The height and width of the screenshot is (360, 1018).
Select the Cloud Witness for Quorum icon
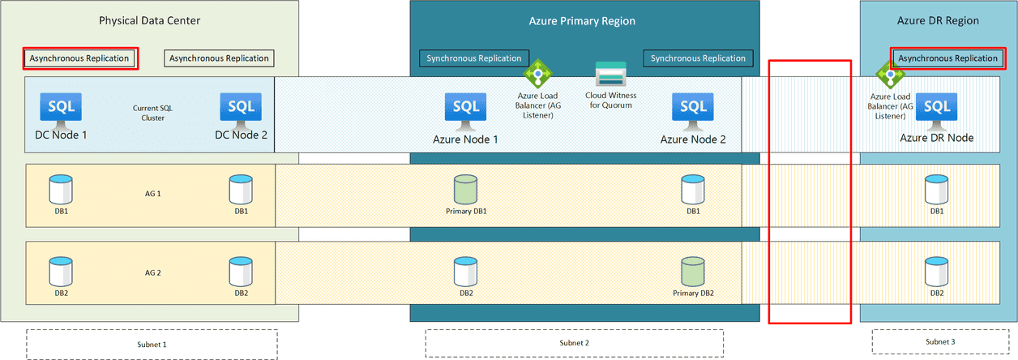(610, 75)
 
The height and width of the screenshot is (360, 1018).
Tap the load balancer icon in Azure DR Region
(890, 78)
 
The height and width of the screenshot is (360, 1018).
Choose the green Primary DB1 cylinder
(466, 190)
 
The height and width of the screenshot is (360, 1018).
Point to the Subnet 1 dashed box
(152, 343)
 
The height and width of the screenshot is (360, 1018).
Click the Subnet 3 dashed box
(940, 342)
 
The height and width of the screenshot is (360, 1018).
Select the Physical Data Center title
(149, 20)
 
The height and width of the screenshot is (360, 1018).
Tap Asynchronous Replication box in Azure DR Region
(947, 58)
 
